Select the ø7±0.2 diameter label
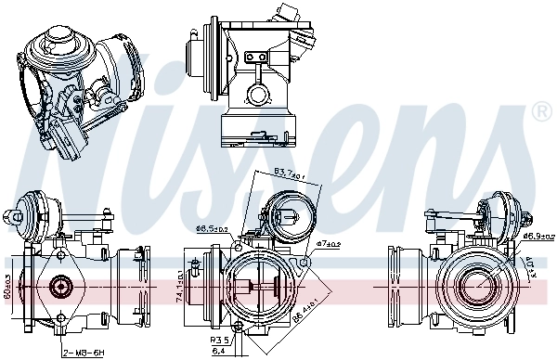coord(329,244)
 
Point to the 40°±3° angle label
coord(530,269)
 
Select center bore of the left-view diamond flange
coord(60,286)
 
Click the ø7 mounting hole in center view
coord(300,260)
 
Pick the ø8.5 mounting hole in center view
coord(238,247)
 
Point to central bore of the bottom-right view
coord(473,287)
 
